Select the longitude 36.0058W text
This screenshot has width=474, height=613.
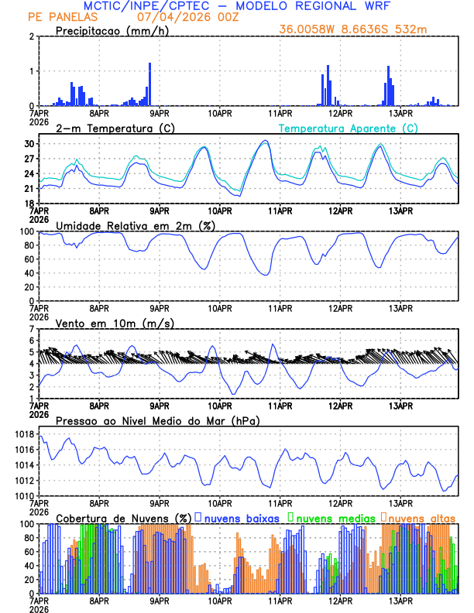tap(310, 29)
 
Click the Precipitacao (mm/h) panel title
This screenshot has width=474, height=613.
tap(112, 30)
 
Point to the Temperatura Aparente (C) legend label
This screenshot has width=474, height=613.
tap(349, 128)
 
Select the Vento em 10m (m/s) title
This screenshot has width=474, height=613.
tap(115, 323)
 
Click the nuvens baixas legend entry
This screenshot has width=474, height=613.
tap(241, 517)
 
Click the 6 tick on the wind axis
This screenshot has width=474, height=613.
tap(31, 341)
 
